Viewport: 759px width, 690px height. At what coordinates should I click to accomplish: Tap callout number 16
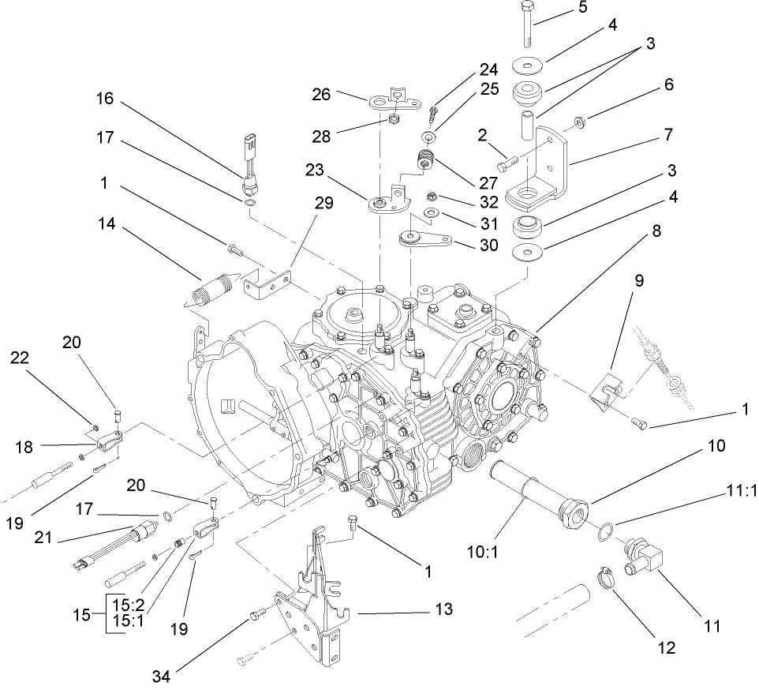point(104,99)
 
